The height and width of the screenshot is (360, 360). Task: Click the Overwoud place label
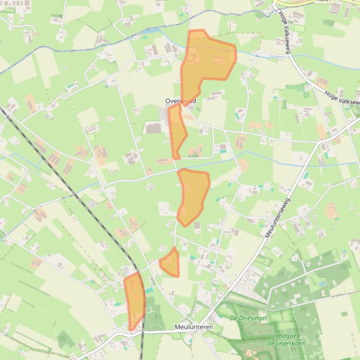tap(181, 101)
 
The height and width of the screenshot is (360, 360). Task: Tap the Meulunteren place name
tap(194, 327)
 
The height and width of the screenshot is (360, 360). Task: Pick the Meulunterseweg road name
tap(278, 218)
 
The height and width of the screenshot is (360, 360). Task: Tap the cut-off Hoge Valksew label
tap(342, 97)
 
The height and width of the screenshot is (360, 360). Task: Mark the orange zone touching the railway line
tap(134, 301)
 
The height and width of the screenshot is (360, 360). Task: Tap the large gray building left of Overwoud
tap(153, 128)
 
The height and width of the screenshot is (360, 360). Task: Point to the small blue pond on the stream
tap(153, 30)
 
